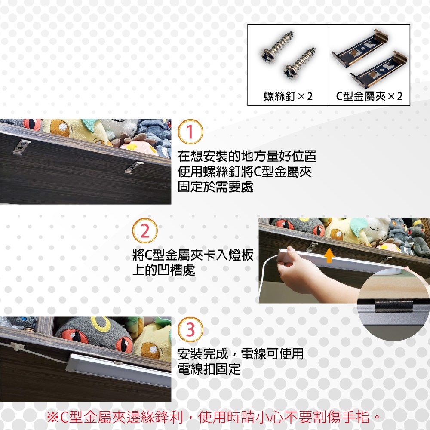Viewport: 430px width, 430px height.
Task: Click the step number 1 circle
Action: (x=190, y=132)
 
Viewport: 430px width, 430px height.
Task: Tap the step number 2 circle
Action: (x=145, y=230)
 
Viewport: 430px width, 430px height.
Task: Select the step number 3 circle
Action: (x=190, y=330)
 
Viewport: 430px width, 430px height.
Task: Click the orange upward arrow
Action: (x=329, y=255)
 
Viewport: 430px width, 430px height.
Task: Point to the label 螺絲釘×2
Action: (x=288, y=96)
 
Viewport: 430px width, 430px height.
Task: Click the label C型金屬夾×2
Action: (x=369, y=96)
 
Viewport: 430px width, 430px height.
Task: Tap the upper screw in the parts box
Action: (x=277, y=46)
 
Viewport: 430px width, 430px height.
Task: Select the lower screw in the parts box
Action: (x=299, y=64)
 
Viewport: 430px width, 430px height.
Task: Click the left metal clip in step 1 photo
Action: (x=22, y=147)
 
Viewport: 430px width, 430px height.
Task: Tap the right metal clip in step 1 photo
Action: (x=134, y=167)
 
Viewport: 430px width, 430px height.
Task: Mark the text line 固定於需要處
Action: (x=215, y=187)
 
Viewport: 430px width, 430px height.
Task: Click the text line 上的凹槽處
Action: (x=164, y=270)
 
